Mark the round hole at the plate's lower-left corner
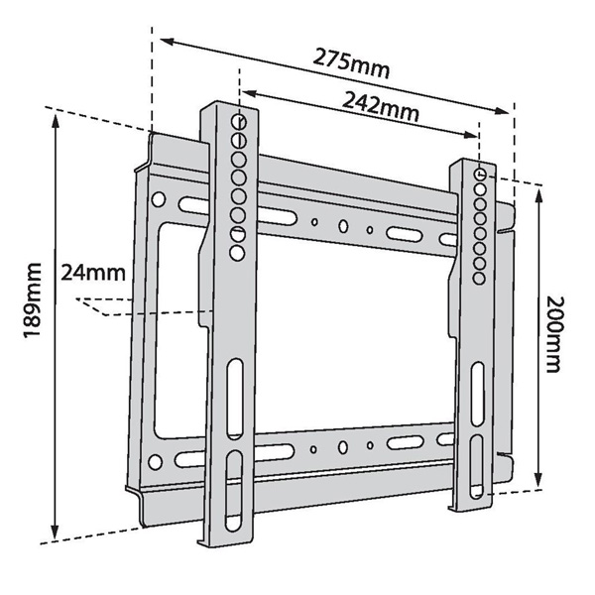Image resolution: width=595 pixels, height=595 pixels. (155, 461)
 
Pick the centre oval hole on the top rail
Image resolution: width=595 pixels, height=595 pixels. (342, 226)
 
